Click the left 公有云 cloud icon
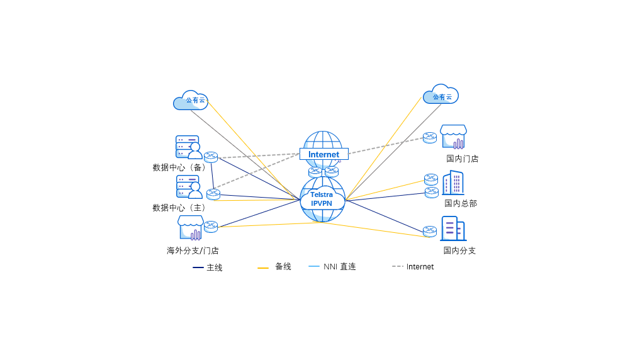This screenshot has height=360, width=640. (x=190, y=101)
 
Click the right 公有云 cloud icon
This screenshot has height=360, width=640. (x=441, y=95)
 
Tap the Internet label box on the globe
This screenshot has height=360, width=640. (x=323, y=154)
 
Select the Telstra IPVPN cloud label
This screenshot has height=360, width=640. (x=322, y=200)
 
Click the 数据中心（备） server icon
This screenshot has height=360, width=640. (x=188, y=147)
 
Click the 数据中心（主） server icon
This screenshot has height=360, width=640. (x=189, y=187)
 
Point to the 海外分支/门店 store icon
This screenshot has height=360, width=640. (x=191, y=228)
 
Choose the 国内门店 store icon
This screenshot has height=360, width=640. (x=453, y=137)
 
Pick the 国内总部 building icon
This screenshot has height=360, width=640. (x=453, y=183)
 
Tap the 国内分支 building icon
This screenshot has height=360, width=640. (x=453, y=228)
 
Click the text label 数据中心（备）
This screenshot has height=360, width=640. (x=181, y=167)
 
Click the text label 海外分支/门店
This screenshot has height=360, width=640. (x=193, y=250)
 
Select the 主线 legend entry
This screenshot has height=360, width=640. (x=208, y=267)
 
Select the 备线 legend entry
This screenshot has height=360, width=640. (x=274, y=267)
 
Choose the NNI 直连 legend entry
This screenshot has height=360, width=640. (x=332, y=267)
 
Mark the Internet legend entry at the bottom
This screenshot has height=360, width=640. (x=413, y=267)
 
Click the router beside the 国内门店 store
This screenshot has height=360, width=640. (x=430, y=137)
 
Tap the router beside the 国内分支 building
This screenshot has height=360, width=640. (x=430, y=231)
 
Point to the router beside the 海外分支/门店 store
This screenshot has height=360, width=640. (x=211, y=227)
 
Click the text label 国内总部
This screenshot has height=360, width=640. (x=461, y=203)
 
